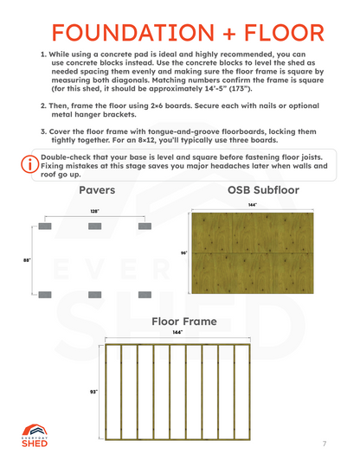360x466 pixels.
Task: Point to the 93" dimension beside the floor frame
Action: pyautogui.click(x=93, y=392)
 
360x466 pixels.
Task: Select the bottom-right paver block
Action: pyautogui.click(x=143, y=295)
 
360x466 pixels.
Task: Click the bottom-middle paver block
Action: pyautogui.click(x=93, y=295)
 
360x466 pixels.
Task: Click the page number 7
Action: pyautogui.click(x=324, y=444)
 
